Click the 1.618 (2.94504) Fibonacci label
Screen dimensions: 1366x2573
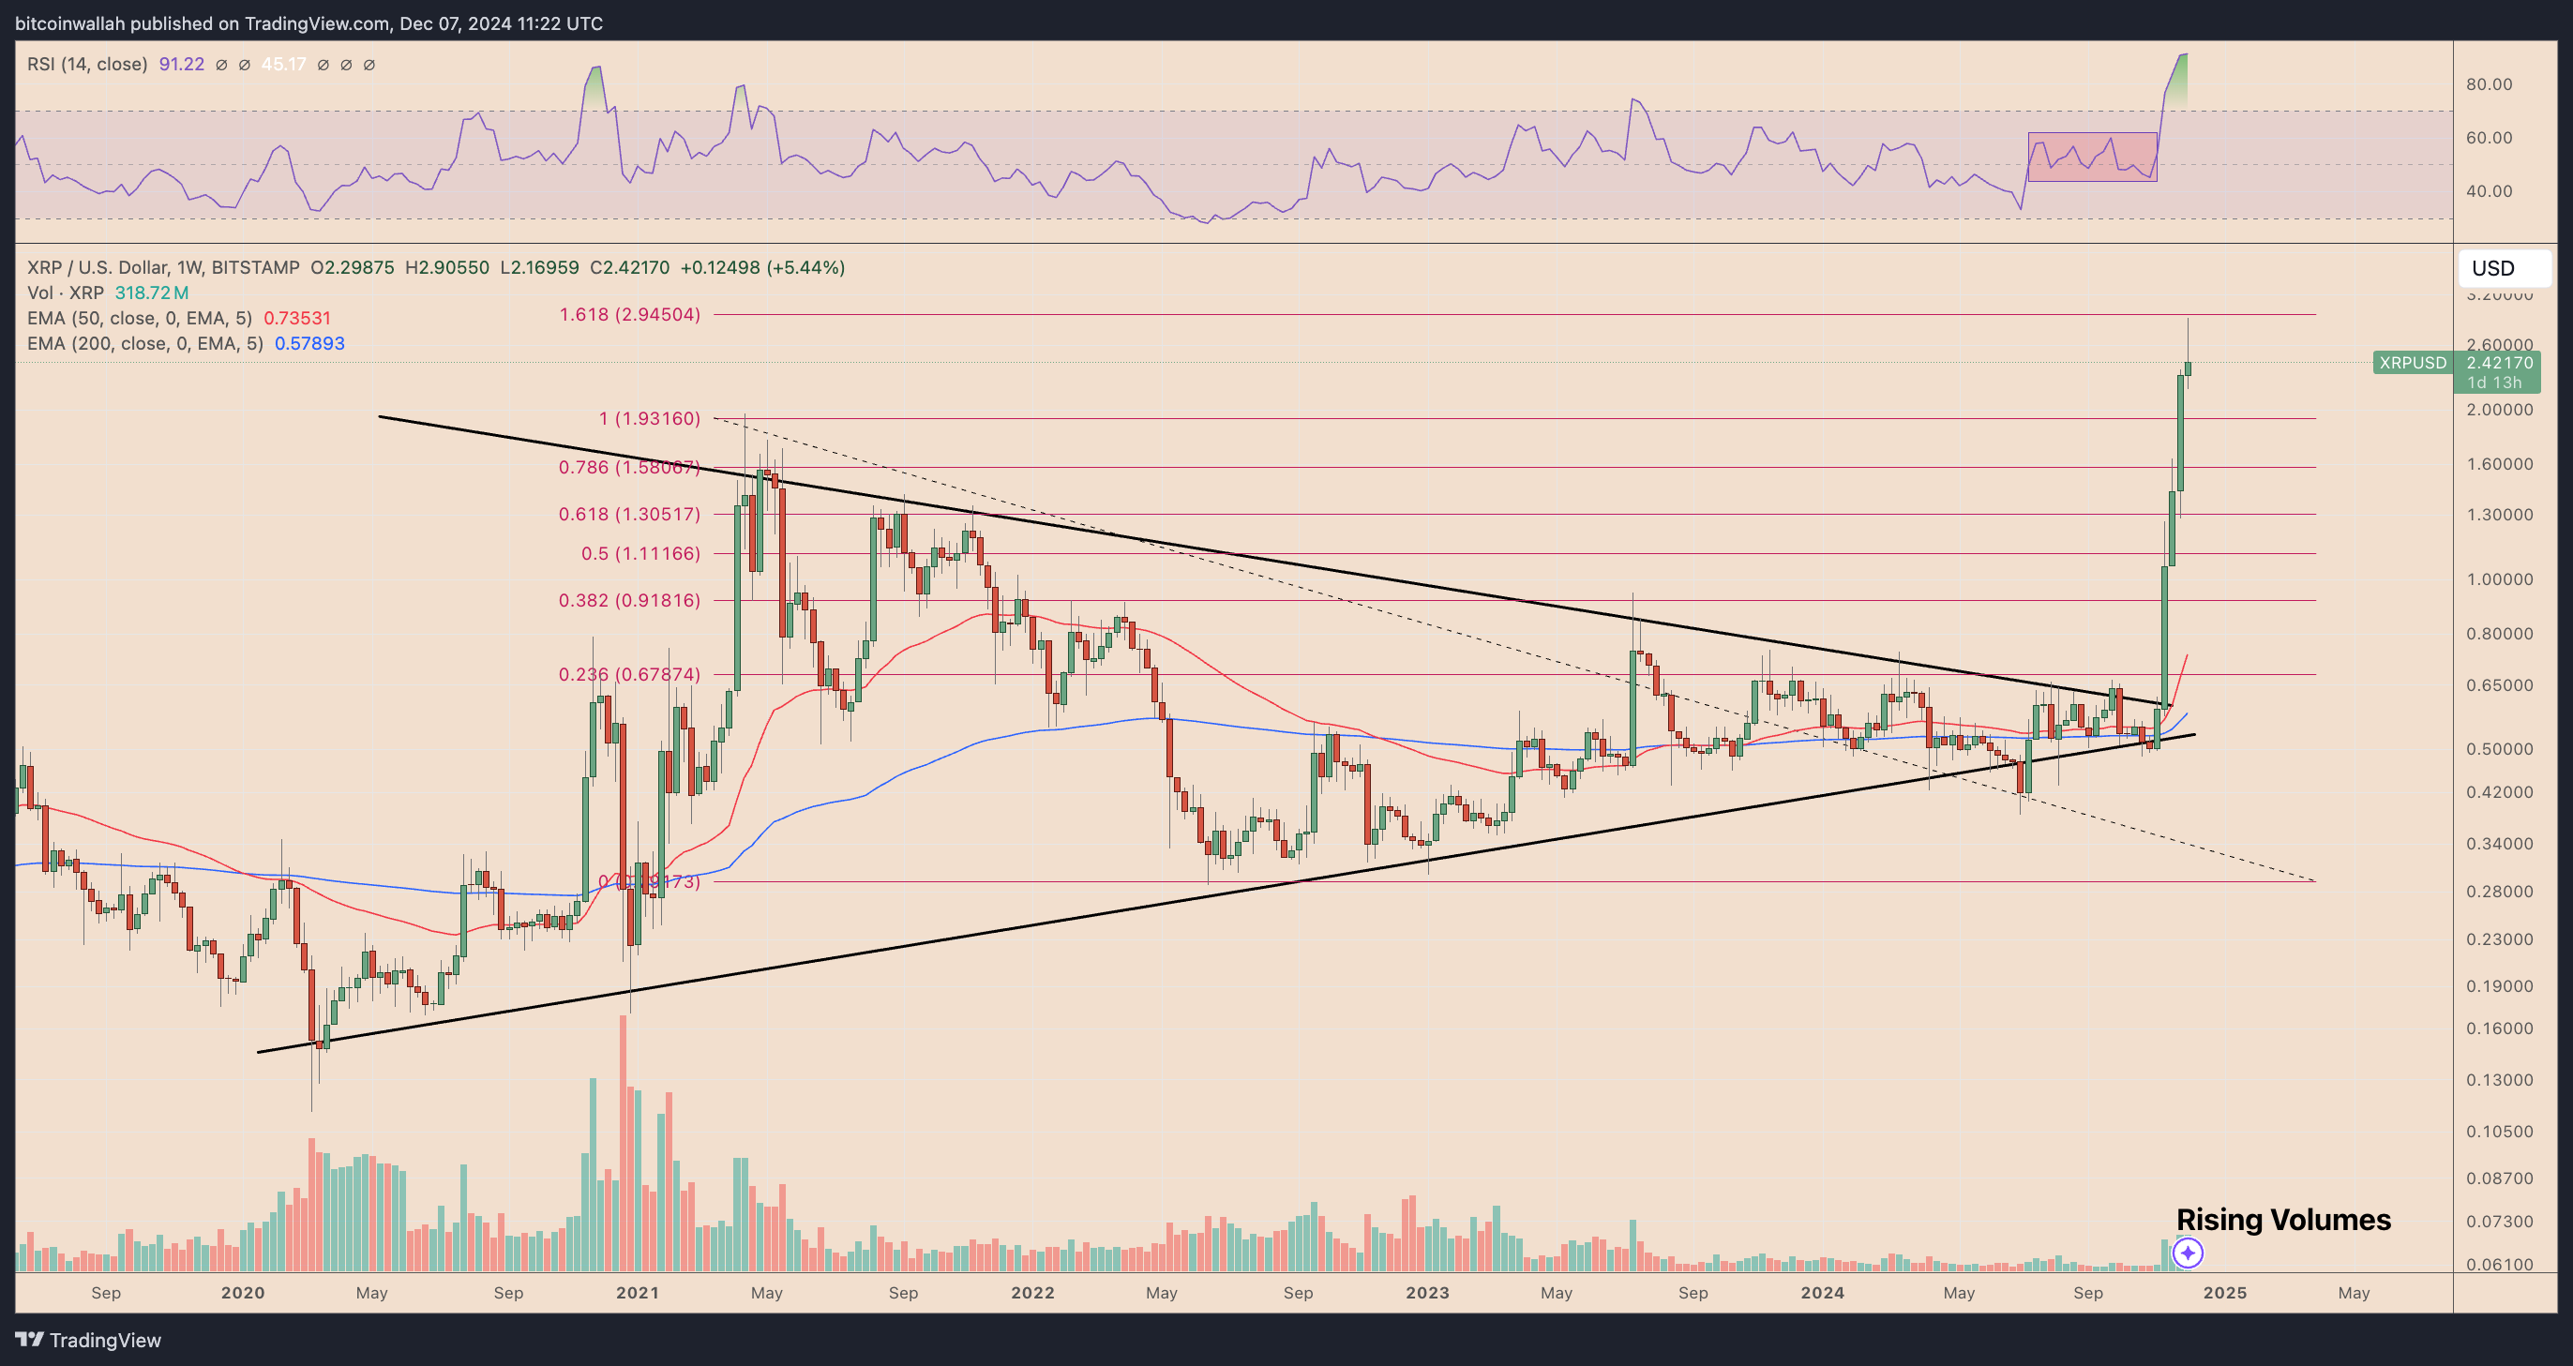[629, 314]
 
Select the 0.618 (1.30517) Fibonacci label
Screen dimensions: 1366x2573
[629, 515]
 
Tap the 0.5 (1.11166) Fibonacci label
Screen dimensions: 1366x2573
[640, 553]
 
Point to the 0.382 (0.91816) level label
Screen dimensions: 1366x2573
[629, 600]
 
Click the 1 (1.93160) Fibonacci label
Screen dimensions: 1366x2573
[649, 418]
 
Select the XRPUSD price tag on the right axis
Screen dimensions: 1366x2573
[2412, 363]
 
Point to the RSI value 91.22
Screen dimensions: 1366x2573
[181, 64]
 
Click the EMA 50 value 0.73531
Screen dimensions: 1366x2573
[296, 318]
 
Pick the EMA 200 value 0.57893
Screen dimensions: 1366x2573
[309, 343]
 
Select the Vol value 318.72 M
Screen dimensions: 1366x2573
[151, 293]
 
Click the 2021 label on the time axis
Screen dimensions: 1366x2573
[638, 1292]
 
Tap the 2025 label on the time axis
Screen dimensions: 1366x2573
[2224, 1292]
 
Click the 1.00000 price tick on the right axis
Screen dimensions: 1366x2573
[2499, 579]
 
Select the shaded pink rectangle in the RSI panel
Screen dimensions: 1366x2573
[2092, 157]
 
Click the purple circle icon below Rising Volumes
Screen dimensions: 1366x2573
[2188, 1253]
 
